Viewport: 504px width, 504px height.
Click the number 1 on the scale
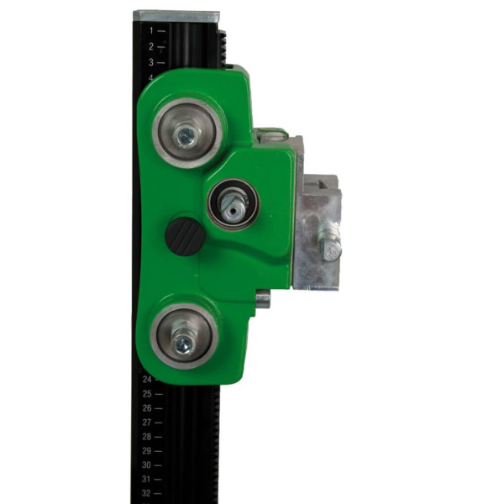point(151,31)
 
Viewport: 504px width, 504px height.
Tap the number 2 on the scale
point(151,46)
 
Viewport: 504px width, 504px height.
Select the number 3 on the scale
point(151,62)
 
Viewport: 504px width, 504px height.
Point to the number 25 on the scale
point(147,394)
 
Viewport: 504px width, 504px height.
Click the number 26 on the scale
point(147,408)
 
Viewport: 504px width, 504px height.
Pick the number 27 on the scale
point(147,423)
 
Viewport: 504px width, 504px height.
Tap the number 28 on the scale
point(147,437)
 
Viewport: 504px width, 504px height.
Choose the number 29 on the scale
point(147,450)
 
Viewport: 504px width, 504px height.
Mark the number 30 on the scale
point(146,465)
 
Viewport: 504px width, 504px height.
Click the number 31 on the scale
point(146,480)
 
